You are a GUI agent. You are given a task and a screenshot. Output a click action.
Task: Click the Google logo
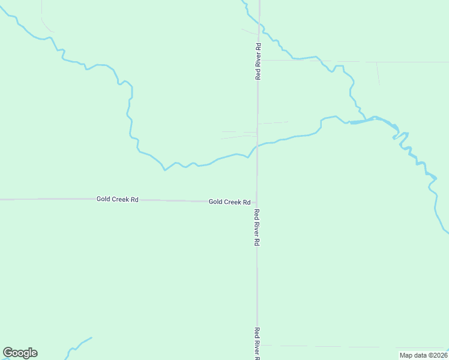coord(20,353)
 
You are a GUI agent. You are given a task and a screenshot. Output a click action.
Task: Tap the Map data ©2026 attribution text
coord(423,355)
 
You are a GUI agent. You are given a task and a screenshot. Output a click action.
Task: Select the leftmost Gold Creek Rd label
coord(117,199)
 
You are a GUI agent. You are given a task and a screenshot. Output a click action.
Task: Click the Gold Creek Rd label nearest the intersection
coord(229,202)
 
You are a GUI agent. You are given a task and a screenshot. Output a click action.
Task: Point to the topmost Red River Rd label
coord(258,61)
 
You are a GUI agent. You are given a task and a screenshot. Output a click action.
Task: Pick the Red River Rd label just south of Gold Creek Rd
coord(257,227)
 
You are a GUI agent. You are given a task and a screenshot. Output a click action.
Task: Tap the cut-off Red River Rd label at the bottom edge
coord(257,344)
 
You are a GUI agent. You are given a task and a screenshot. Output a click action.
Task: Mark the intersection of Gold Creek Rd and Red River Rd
coord(258,201)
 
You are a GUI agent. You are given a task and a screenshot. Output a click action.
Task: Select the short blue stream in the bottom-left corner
coord(78,345)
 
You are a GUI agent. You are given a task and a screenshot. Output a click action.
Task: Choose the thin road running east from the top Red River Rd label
coord(336,61)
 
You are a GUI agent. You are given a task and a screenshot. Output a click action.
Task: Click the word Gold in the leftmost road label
coord(103,199)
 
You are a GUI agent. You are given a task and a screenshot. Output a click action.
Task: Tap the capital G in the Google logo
coord(8,353)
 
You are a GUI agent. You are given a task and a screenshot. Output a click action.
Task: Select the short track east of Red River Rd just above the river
coord(274,122)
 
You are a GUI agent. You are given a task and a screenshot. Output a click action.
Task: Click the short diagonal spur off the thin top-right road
coord(378,73)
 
